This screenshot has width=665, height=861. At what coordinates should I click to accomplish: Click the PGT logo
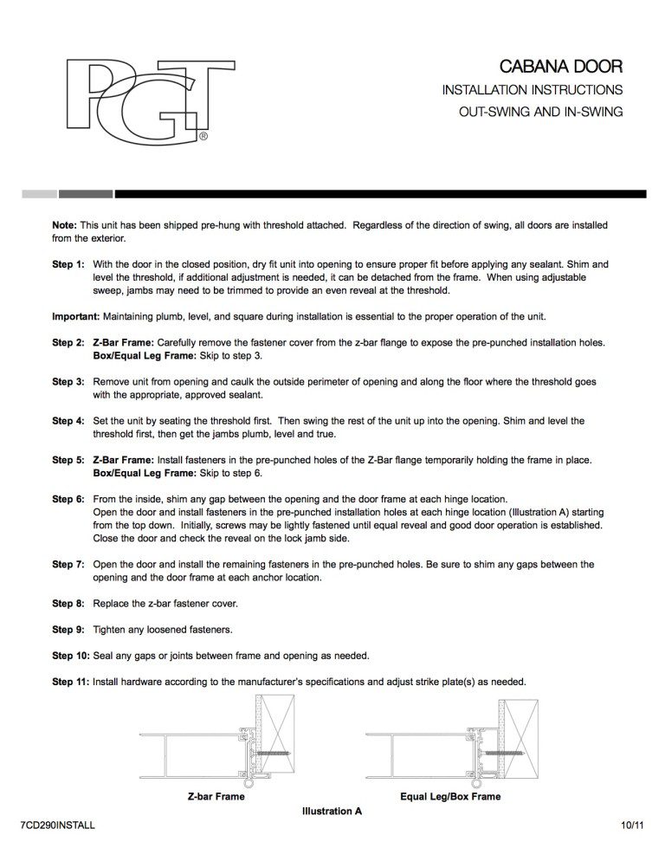(151, 100)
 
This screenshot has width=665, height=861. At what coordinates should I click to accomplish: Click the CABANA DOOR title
(561, 67)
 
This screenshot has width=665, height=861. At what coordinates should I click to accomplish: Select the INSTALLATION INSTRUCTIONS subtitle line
(533, 89)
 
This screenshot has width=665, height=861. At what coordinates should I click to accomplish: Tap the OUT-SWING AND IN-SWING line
(541, 112)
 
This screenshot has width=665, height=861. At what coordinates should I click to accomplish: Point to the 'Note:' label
(64, 225)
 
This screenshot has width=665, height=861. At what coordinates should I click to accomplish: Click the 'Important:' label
(76, 317)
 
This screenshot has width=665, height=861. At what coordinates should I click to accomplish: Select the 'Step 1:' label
(68, 264)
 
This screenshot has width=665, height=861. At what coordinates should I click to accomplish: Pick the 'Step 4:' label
(68, 421)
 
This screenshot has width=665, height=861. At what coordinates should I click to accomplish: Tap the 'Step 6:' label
(68, 499)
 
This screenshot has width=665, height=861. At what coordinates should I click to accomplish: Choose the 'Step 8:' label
(68, 604)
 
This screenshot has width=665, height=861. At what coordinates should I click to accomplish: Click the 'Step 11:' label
(70, 682)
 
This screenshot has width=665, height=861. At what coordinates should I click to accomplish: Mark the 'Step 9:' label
(68, 630)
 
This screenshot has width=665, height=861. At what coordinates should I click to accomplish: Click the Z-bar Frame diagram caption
(216, 796)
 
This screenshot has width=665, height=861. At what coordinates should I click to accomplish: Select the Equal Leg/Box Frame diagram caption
(450, 796)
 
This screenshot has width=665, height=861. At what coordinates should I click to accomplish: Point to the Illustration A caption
(332, 811)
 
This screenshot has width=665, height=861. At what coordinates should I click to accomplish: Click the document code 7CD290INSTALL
(58, 825)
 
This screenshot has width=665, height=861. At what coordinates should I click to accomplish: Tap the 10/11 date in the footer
(632, 825)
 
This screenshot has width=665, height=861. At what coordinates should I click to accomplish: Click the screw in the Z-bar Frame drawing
(272, 753)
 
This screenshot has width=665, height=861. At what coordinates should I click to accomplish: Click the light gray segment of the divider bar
(40, 194)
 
